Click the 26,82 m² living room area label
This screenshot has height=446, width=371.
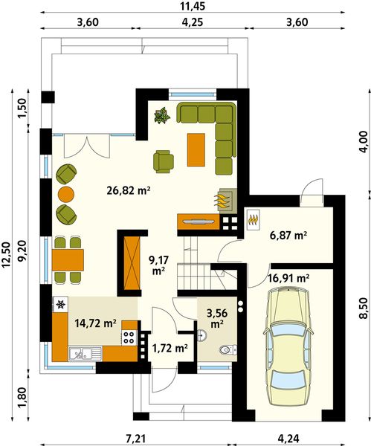pyautogui.click(x=129, y=190)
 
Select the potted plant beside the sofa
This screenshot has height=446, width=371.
pyautogui.click(x=161, y=115)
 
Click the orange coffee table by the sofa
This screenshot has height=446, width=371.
pyautogui.click(x=196, y=149)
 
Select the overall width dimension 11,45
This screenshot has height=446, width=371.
pyautogui.click(x=187, y=6)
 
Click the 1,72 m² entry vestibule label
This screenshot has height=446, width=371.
pyautogui.click(x=169, y=346)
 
